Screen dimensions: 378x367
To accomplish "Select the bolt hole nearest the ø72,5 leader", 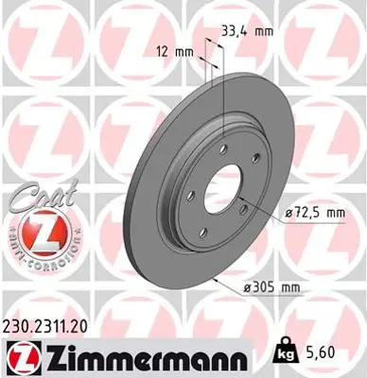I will point(243,211).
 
